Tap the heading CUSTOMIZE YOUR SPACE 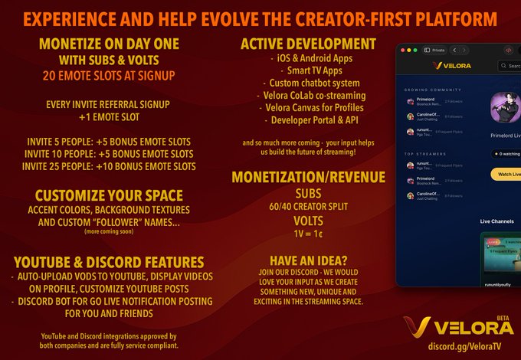pyautogui.click(x=109, y=195)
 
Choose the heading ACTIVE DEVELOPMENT pyautogui.click(x=308, y=44)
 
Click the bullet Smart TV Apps pyautogui.click(x=305, y=70)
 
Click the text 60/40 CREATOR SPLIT pyautogui.click(x=309, y=207)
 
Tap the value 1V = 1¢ pyautogui.click(x=308, y=234)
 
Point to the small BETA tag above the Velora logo pyautogui.click(x=503, y=316)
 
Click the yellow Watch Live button pyautogui.click(x=506, y=174)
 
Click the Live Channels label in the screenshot pyautogui.click(x=496, y=221)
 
